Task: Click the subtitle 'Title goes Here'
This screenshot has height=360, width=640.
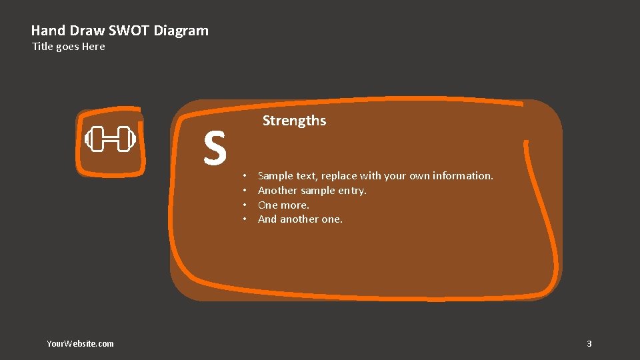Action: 69,47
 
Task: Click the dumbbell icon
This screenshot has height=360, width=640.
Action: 110,139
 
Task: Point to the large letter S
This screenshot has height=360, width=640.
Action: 215,148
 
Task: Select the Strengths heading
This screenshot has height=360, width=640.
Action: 294,121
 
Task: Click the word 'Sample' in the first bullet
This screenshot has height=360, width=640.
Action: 275,176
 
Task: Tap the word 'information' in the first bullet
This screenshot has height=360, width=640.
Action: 462,176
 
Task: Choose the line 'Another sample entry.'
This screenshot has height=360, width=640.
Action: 312,191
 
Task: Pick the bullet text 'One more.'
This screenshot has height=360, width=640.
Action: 283,205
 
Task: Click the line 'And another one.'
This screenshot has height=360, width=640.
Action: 300,219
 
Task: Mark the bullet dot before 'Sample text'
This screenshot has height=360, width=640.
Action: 245,176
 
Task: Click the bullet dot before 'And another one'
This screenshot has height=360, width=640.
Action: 245,219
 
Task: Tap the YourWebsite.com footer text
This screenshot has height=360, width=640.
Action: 80,344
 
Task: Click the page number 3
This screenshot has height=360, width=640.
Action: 589,344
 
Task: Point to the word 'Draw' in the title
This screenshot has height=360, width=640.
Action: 84,31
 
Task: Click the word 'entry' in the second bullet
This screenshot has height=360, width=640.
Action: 351,191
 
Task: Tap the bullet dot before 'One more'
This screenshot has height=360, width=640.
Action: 245,205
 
